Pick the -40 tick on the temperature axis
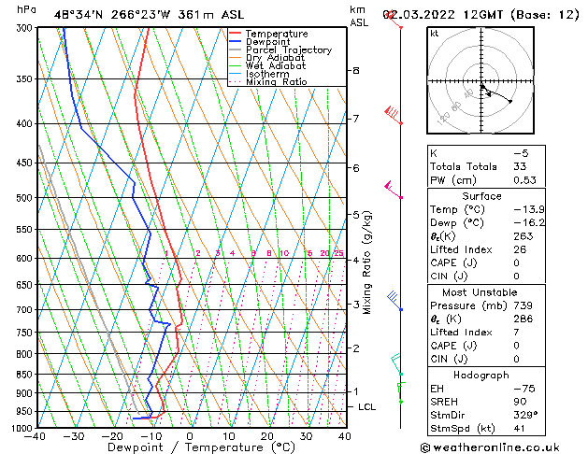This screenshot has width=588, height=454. pos(36,435)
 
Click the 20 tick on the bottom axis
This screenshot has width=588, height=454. pos(267,435)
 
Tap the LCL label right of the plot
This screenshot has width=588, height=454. pos(367,407)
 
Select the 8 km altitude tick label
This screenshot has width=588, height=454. pos(356,71)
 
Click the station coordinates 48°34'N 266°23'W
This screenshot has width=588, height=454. pos(105,14)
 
